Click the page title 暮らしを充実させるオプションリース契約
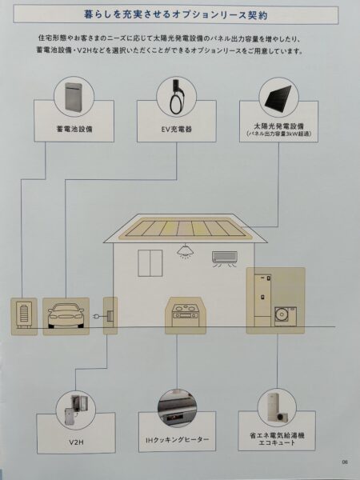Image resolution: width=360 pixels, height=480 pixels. click(x=176, y=14)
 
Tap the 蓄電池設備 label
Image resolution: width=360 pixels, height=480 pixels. click(x=74, y=129)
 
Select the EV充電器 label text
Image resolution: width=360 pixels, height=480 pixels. click(x=176, y=129)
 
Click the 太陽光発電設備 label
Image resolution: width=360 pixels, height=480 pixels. click(x=278, y=126)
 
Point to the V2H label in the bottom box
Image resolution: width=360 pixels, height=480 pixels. click(x=76, y=442)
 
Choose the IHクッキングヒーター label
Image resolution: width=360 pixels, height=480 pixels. click(x=178, y=440)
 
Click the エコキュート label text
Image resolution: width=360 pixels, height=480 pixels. click(x=277, y=442)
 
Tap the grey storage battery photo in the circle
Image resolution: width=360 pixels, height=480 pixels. click(x=74, y=96)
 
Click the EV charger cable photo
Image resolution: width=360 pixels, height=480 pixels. click(x=176, y=97)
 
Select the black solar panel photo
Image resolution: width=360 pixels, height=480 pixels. click(x=278, y=97)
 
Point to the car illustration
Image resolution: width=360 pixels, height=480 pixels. click(x=66, y=316)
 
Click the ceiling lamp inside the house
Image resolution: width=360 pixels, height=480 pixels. click(x=185, y=252)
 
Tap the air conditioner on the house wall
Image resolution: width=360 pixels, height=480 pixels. click(x=225, y=258)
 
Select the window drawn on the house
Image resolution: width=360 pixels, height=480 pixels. click(x=150, y=263)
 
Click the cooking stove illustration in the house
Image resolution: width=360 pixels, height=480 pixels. click(x=186, y=314)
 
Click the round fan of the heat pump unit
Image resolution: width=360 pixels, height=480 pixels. click(x=282, y=315)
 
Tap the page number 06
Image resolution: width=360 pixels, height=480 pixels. click(x=345, y=462)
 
